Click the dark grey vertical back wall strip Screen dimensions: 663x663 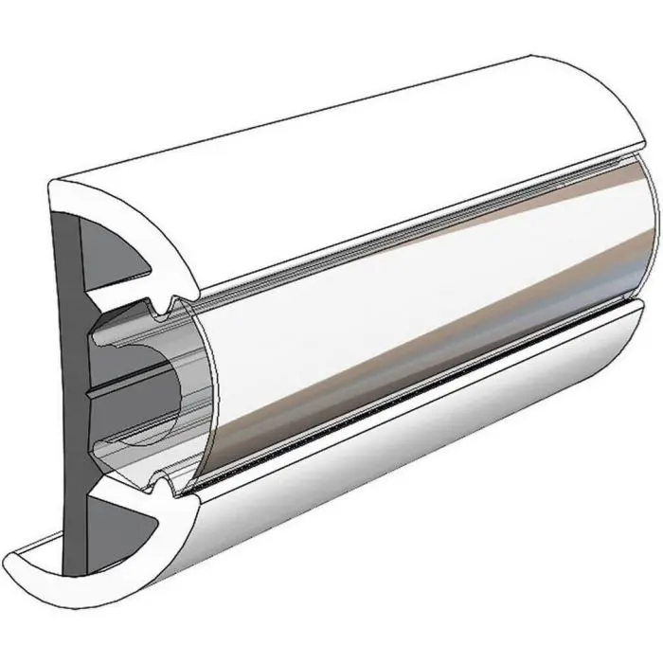(x=70, y=379)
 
